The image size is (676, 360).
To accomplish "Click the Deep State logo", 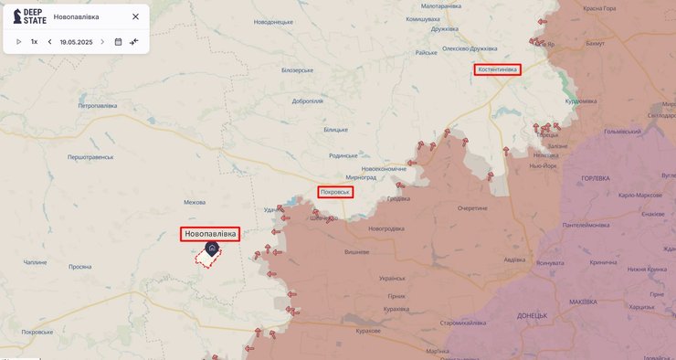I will (27, 16).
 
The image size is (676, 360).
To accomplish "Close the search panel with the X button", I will (136, 16).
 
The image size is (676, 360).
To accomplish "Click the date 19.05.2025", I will (76, 42).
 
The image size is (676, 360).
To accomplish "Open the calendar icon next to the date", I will (118, 42).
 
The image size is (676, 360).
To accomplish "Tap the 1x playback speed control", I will (35, 42).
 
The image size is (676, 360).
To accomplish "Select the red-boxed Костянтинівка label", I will (497, 69).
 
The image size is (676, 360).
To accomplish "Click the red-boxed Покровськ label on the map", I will (335, 192).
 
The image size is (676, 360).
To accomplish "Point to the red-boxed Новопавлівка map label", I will (210, 234).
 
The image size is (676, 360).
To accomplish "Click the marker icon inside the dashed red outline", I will (212, 249).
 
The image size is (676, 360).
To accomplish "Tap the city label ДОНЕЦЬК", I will (532, 315).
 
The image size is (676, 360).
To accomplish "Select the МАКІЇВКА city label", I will (588, 302).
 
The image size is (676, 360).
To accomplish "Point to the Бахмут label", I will (595, 43).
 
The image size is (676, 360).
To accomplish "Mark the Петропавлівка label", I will (98, 106).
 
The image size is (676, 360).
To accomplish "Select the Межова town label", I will (195, 202).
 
